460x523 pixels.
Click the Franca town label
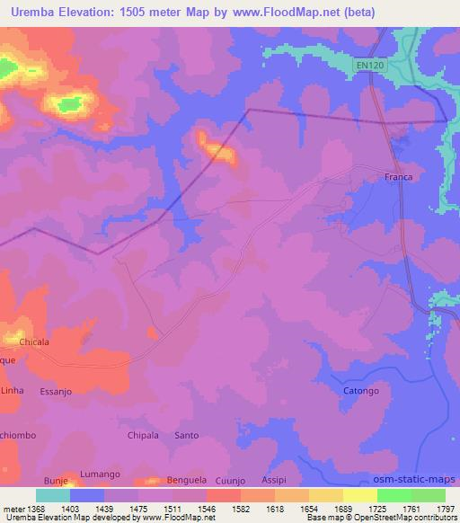coord(398,177)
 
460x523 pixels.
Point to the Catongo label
coord(362,392)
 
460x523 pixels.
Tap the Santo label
coord(187,436)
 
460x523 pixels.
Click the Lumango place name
coord(100,474)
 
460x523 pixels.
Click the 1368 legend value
coord(31,509)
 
